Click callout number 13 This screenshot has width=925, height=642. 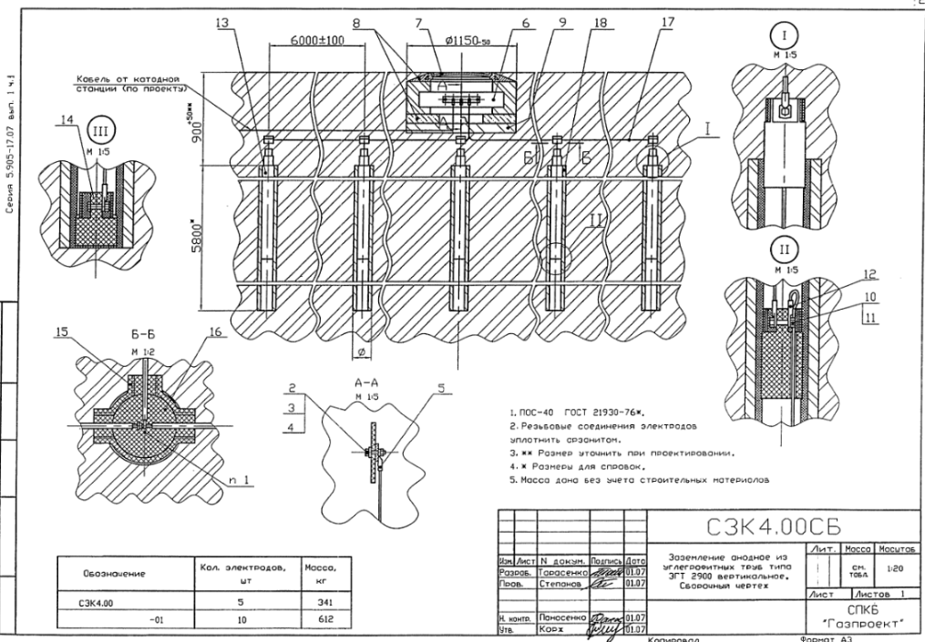[x=222, y=24]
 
